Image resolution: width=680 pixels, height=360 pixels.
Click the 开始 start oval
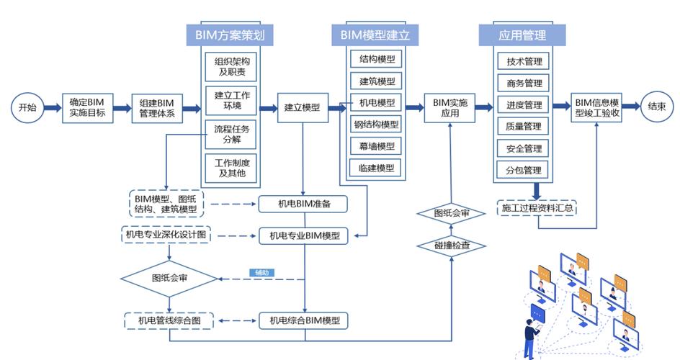coord(27,108)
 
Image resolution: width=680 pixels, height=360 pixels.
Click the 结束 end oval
coord(656,107)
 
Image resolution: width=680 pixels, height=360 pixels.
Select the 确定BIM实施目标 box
coord(87,108)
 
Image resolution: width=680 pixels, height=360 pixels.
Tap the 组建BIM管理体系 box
coord(157,108)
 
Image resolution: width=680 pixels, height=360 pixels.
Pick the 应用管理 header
coord(522,35)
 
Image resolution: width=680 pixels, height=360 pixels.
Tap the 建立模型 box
coord(302,108)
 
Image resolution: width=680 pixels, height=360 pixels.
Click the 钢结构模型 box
coord(377,125)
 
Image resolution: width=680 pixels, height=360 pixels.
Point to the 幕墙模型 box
coord(377,146)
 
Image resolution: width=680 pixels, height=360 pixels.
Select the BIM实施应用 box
coord(450,108)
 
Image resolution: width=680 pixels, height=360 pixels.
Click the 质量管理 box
coord(524,127)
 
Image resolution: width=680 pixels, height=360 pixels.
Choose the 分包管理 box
coord(524,171)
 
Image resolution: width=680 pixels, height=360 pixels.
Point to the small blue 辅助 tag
coord(261,273)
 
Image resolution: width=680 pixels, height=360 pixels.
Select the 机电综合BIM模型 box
coord(304,320)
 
